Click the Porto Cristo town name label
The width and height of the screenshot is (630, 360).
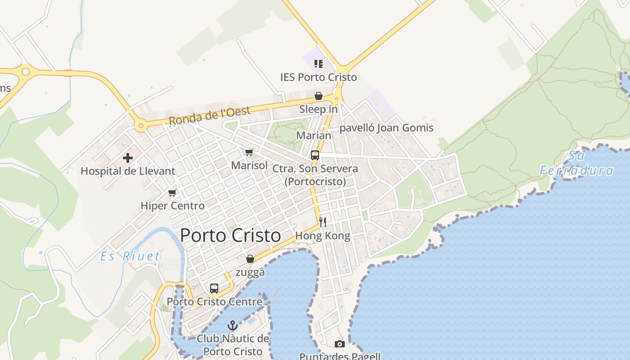coord(230,236)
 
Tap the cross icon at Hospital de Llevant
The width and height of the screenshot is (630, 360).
coord(128,158)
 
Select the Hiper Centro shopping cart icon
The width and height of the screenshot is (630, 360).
coord(172,193)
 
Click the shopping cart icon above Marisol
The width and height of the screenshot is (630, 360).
coord(249,153)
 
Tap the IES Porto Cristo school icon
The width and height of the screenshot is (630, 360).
coord(319,64)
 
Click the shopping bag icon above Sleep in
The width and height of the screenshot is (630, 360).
coord(319,96)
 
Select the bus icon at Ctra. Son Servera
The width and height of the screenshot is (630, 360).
coord(315,155)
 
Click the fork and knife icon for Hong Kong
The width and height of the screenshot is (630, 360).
coord(322,222)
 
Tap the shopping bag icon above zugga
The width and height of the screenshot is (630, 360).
coord(250,259)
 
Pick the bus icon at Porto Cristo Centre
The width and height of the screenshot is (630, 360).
coord(214,288)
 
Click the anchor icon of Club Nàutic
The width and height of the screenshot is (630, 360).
coord(233,325)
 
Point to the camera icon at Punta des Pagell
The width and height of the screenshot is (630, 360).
coord(340,344)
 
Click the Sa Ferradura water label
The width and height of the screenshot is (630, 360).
coord(577,163)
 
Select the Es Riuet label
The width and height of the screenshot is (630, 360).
coord(130,256)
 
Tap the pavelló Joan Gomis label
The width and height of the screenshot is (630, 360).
coord(386,128)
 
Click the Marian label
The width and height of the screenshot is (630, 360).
coord(314,135)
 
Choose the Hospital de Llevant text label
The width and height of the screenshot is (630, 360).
coord(128,171)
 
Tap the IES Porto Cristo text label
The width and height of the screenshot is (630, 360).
coord(319,77)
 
